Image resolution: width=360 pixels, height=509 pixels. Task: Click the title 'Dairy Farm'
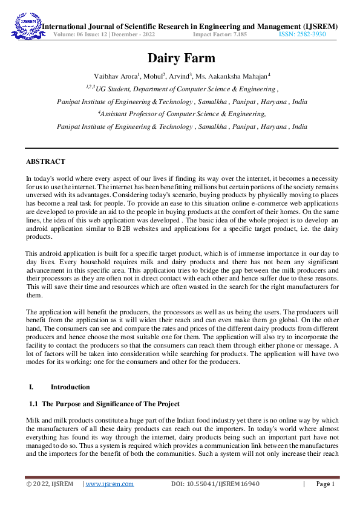pos(181,59)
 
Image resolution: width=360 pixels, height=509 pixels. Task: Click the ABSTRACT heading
pos(45,162)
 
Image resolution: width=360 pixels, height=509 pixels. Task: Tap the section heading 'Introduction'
pos(70,387)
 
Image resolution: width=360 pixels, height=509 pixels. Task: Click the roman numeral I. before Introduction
pos(31,387)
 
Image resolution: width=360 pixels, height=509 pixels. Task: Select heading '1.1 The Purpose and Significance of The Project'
pos(104,404)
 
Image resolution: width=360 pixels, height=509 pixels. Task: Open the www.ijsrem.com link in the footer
pos(110,484)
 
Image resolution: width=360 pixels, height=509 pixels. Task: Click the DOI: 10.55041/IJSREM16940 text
pos(215,484)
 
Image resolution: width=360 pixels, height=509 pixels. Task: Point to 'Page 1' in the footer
pos(325,484)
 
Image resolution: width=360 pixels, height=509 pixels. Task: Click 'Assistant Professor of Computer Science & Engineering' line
pos(182,114)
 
